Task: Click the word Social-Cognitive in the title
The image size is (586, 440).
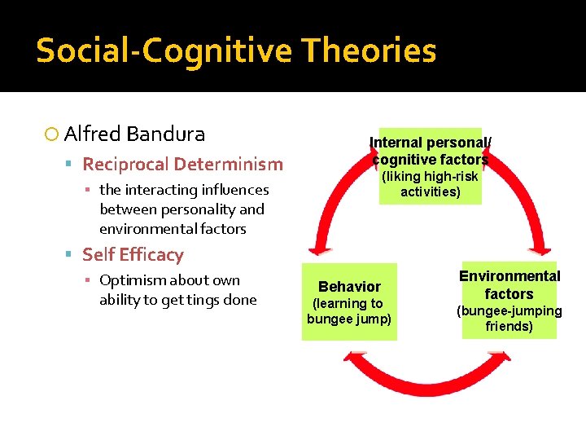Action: [x=164, y=51]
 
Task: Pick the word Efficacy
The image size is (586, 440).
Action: [x=152, y=254]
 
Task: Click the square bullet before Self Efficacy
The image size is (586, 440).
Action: [x=71, y=255]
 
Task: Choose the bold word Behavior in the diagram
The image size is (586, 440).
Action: [x=349, y=287]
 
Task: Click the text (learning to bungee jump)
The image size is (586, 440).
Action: [x=349, y=310]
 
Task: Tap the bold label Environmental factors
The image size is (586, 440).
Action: [x=509, y=285]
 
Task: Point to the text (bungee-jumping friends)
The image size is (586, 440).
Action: [x=509, y=319]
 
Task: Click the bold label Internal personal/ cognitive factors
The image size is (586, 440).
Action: [x=431, y=151]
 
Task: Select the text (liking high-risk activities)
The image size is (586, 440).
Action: [x=431, y=184]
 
